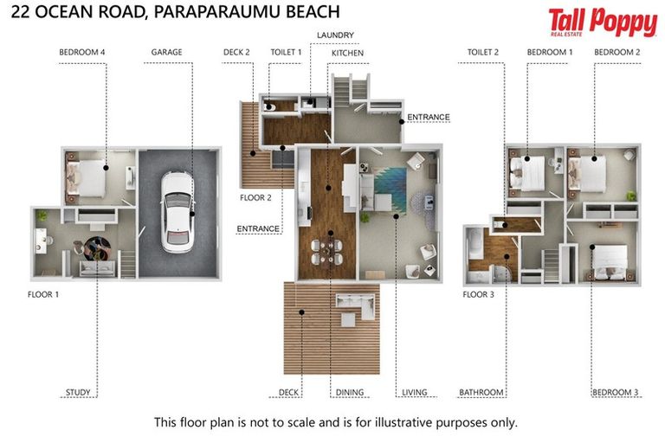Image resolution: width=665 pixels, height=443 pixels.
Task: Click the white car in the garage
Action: click(178, 213)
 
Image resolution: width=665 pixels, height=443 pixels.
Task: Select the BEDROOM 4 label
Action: click(82, 52)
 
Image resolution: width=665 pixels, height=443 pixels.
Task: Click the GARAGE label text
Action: click(166, 52)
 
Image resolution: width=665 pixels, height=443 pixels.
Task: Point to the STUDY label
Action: click(78, 393)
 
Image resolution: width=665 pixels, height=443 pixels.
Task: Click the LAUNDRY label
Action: click(335, 35)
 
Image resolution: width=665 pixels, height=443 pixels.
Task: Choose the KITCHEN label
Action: click(347, 53)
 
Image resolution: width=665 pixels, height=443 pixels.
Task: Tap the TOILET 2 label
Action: click(483, 52)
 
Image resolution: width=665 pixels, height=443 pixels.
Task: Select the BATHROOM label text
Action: click(481, 393)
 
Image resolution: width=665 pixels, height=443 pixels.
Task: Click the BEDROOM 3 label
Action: click(615, 393)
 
